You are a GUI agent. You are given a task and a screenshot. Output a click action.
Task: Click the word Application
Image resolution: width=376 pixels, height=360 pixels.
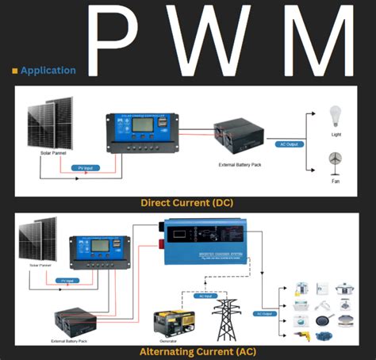48,71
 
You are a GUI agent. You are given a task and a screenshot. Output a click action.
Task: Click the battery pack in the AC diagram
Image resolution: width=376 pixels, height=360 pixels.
75,320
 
